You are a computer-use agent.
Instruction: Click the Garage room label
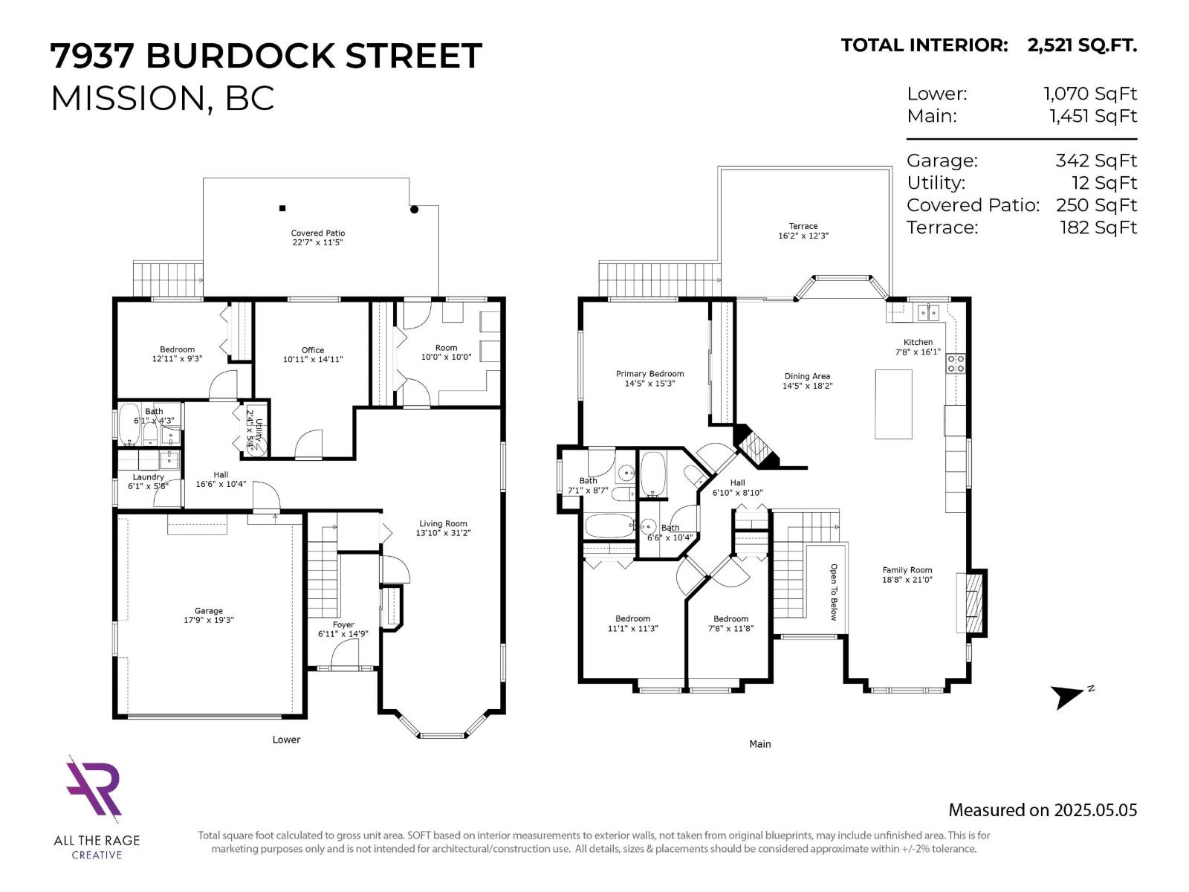(x=208, y=611)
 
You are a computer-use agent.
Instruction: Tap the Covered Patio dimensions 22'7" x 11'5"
(x=317, y=242)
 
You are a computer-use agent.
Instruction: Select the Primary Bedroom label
(x=649, y=374)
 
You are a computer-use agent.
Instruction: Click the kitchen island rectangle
(x=893, y=404)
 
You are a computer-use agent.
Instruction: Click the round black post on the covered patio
(x=415, y=210)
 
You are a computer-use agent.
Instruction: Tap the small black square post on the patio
(x=282, y=208)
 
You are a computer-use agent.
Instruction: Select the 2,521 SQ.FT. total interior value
(x=1082, y=45)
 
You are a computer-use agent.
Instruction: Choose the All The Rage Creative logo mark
(x=94, y=788)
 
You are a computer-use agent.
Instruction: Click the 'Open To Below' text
(x=833, y=592)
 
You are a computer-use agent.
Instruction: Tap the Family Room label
(x=907, y=570)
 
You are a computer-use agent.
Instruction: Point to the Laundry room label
(x=148, y=477)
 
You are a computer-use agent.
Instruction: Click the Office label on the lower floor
(x=313, y=350)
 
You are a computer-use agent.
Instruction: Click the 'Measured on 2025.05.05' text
(x=1042, y=810)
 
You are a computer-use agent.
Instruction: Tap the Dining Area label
(x=806, y=376)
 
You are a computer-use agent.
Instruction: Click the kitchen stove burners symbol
(x=955, y=363)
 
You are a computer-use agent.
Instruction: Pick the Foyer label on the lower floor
(x=343, y=624)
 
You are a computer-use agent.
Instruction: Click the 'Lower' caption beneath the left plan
(x=286, y=740)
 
